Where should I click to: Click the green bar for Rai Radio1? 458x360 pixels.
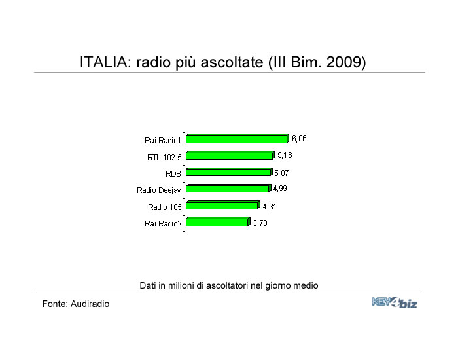(238, 139)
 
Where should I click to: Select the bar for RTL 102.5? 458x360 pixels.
(230, 155)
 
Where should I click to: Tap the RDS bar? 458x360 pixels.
(229, 171)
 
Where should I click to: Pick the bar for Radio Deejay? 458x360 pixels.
(228, 189)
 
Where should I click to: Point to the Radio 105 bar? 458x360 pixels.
(223, 205)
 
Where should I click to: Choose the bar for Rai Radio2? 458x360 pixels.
(218, 222)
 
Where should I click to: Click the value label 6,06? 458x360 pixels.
(299, 139)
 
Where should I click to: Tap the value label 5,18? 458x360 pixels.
(285, 155)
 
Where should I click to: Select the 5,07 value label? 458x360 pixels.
(281, 173)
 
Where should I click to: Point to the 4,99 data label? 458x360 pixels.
(280, 189)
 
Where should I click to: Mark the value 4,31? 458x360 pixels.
(270, 207)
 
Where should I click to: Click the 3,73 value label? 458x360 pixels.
(260, 223)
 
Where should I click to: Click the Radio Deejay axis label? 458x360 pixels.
(159, 190)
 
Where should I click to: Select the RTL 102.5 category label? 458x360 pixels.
(164, 158)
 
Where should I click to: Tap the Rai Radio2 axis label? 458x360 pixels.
(163, 224)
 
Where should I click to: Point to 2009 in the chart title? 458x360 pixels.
(343, 62)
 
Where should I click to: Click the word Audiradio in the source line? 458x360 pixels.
(90, 304)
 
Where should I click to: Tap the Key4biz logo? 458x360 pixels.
(395, 302)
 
